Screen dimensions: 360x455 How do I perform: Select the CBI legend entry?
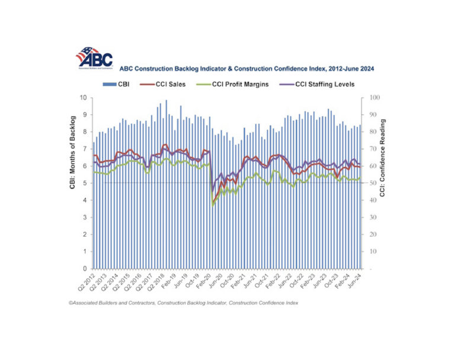(x=118, y=84)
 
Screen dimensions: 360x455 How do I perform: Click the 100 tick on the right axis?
(x=373, y=98)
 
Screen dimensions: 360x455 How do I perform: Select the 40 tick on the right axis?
(x=371, y=201)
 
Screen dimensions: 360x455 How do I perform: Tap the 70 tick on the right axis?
(x=371, y=149)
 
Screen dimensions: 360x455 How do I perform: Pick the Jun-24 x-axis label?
(x=354, y=279)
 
